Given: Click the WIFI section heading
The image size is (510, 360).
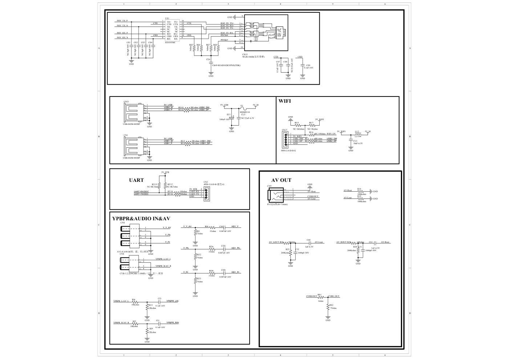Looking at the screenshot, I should click(x=284, y=101).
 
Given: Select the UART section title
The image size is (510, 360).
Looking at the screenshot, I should click(x=136, y=180).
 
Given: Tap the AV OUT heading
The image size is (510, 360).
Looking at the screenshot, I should click(x=281, y=180).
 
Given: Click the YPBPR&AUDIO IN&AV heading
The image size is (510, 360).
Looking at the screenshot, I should click(x=141, y=218).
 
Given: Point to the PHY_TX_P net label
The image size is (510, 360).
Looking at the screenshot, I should click(x=122, y=21).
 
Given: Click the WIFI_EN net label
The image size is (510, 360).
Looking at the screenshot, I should click(x=331, y=134).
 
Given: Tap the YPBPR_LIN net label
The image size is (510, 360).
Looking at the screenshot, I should click(x=172, y=301).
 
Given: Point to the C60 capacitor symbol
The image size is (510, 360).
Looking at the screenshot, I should click(x=309, y=243).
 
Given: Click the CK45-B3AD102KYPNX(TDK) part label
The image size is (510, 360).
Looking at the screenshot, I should click(x=226, y=65).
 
